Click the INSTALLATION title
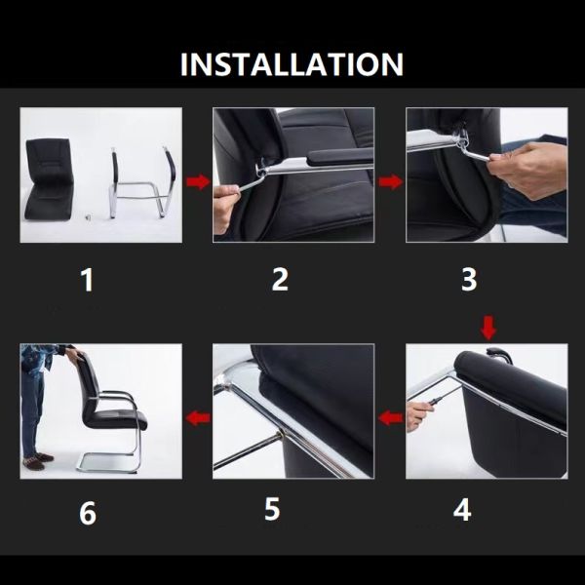[x=292, y=64]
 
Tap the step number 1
[x=88, y=281]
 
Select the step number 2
[x=280, y=280]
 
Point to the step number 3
[x=469, y=280]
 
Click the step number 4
[x=462, y=510]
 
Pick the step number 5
[x=272, y=510]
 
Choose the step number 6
[x=88, y=513]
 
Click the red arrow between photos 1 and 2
[x=198, y=181]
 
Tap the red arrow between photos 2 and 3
[x=390, y=181]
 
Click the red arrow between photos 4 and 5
[x=391, y=419]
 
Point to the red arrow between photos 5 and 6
[x=199, y=419]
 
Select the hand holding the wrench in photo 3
[x=531, y=166]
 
